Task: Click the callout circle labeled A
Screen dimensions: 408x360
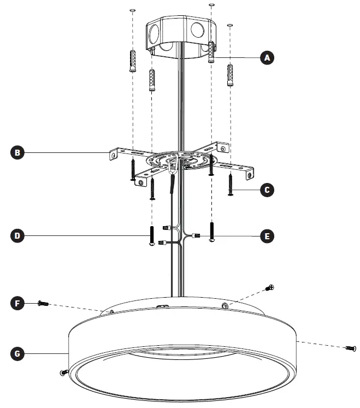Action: tap(267, 57)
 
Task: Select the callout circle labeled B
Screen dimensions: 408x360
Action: tap(18, 152)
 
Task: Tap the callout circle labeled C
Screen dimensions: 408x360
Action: tap(267, 190)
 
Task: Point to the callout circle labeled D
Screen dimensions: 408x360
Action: tap(18, 236)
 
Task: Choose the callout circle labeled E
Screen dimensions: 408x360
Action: tap(267, 236)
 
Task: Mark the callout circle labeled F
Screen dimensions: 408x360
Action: tap(18, 302)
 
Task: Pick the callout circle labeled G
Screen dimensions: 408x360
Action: tap(18, 354)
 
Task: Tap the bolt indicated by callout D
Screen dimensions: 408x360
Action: tap(151, 236)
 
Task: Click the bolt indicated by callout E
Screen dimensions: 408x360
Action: tap(212, 232)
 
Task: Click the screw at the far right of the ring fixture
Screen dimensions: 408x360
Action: tap(350, 348)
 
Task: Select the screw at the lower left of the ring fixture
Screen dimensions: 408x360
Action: tap(62, 372)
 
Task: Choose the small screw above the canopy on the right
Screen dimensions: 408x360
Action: tap(269, 287)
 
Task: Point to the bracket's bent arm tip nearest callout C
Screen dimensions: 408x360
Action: tap(250, 173)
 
